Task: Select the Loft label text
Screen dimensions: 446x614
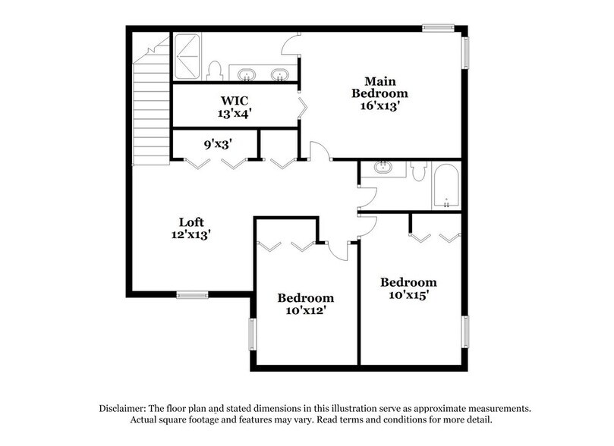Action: click(190, 222)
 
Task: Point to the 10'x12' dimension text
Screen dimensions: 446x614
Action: click(304, 309)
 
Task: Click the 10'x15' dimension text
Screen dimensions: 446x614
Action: click(408, 294)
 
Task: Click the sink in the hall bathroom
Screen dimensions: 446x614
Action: click(383, 169)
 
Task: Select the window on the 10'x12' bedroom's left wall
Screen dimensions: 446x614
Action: click(253, 331)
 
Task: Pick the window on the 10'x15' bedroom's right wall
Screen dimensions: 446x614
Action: click(465, 335)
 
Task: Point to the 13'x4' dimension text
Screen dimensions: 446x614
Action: click(235, 114)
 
